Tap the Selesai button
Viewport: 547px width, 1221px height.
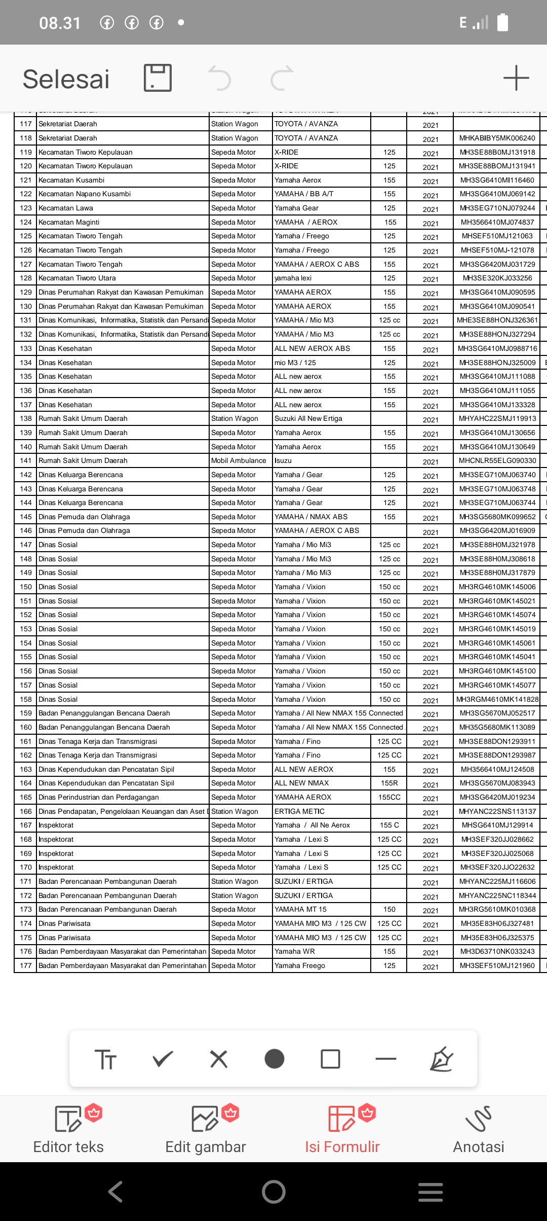(x=66, y=79)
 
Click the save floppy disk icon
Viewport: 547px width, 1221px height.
(x=158, y=78)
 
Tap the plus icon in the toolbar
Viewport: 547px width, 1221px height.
(x=516, y=78)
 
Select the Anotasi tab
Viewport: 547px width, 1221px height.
(x=478, y=1131)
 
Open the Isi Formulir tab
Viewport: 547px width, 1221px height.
(x=342, y=1131)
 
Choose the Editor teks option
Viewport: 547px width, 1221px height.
(x=68, y=1131)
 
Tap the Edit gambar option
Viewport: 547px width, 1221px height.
(x=206, y=1131)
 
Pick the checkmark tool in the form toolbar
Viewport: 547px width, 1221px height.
(x=163, y=1059)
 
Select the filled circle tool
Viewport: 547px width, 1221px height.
(x=275, y=1059)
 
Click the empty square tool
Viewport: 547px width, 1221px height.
(x=330, y=1059)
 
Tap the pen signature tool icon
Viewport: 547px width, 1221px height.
(x=441, y=1059)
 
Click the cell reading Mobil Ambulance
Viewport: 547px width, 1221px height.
(x=239, y=461)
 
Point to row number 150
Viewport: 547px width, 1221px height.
(x=26, y=587)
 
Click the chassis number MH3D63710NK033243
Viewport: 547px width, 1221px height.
(x=497, y=952)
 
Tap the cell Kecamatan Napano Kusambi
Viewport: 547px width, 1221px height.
(x=85, y=194)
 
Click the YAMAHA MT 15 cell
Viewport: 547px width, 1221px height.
(x=300, y=910)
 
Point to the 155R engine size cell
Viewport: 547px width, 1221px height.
(x=389, y=783)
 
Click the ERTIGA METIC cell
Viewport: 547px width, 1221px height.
(x=299, y=811)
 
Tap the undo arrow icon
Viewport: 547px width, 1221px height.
(x=220, y=79)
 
